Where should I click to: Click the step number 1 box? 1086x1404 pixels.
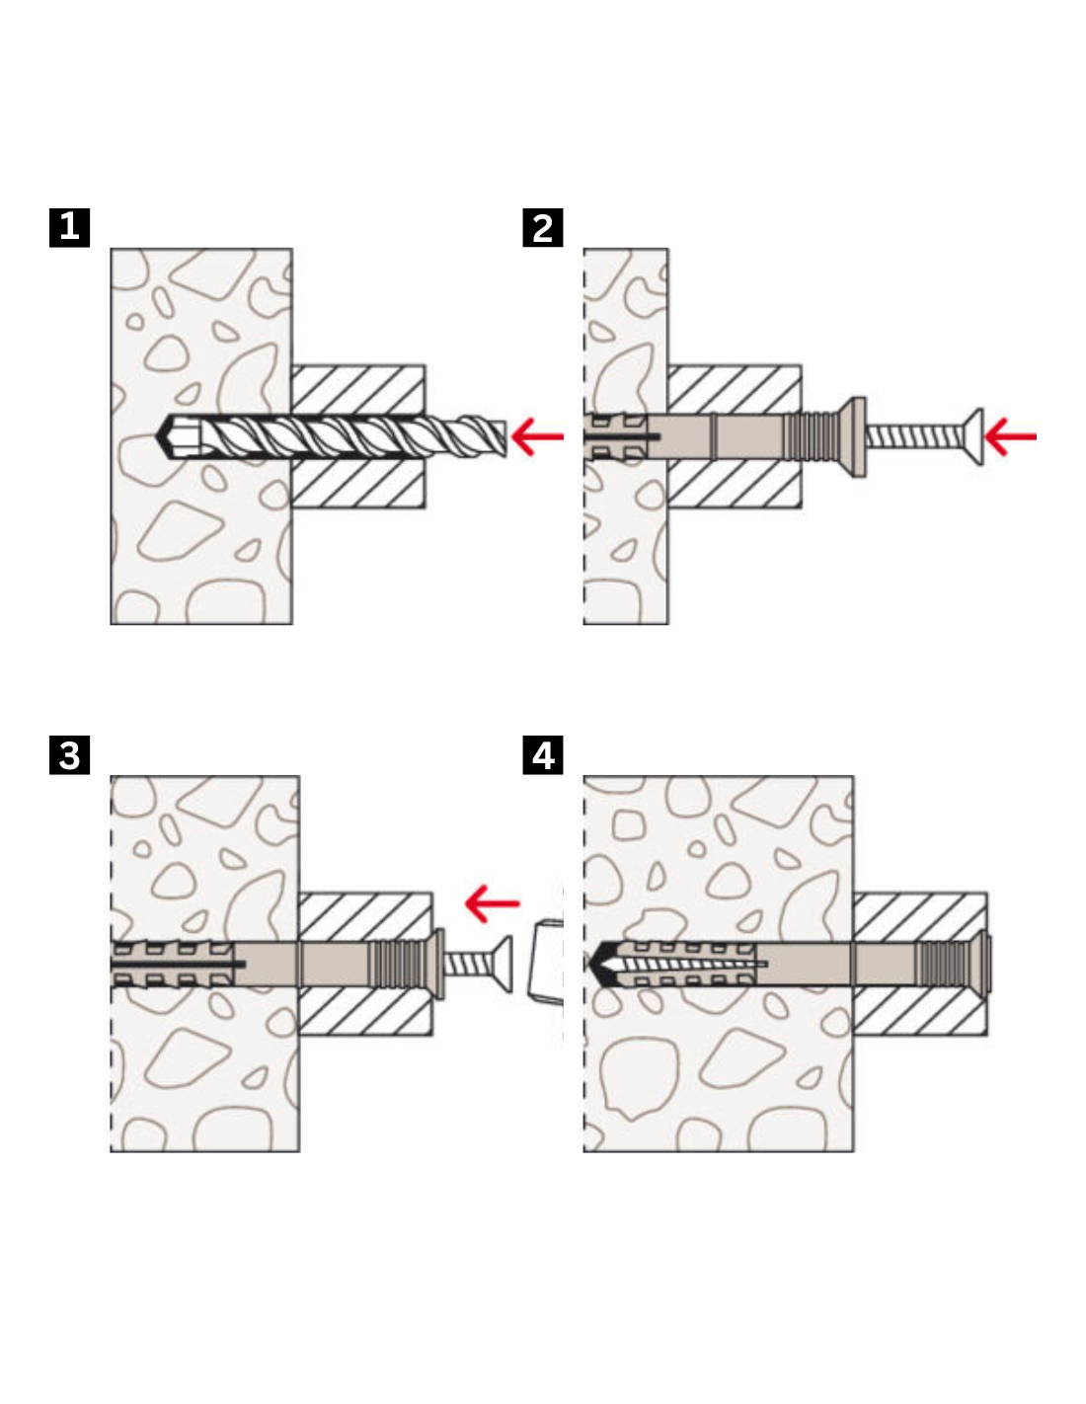69,227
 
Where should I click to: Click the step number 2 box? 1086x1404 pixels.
542,228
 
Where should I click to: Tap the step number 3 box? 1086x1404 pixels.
69,755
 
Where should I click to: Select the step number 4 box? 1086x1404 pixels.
543,755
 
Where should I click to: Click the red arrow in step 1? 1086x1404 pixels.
537,435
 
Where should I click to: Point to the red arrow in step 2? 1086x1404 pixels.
1011,435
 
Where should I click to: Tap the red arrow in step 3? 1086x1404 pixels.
492,902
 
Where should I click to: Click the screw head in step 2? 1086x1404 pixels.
974,436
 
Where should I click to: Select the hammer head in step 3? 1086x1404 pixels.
546,962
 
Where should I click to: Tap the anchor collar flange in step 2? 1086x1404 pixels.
858,436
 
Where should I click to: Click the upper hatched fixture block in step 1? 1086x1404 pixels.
358,389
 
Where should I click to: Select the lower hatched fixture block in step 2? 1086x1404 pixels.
735,484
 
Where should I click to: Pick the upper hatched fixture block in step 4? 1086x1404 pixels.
919,917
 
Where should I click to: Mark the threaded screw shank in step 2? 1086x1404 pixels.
913,436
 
